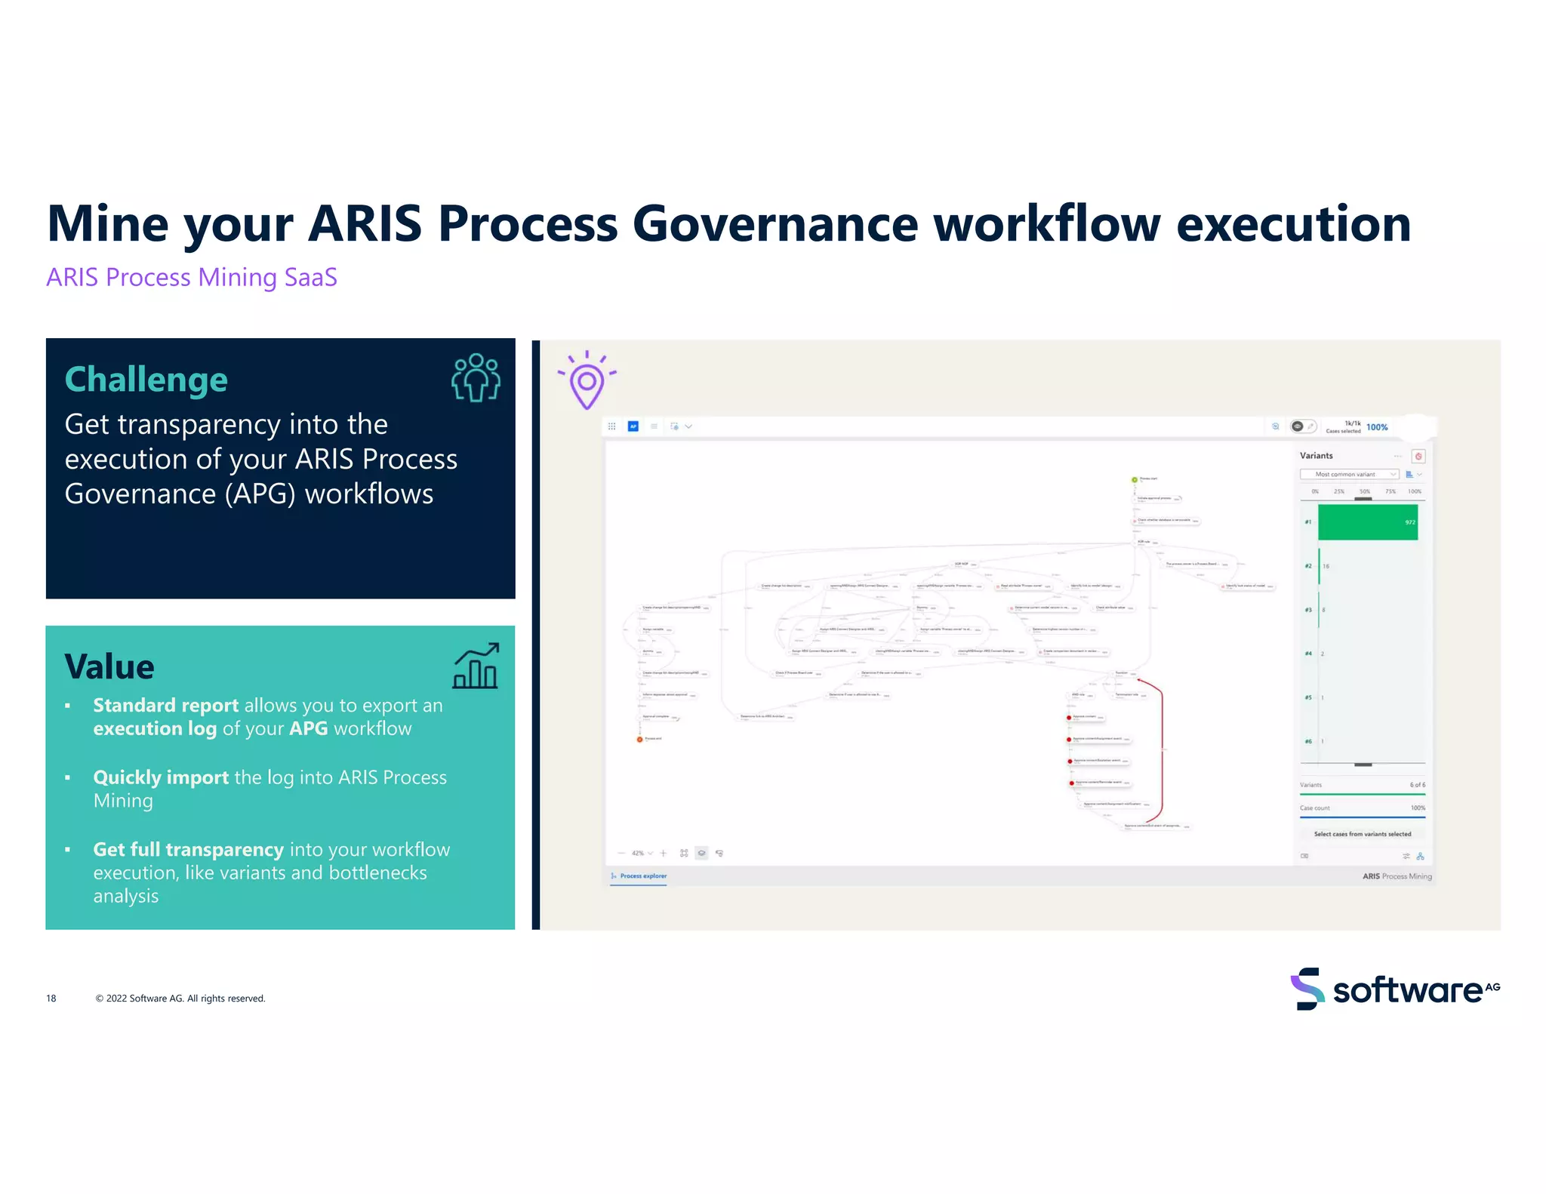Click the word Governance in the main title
pos(774,224)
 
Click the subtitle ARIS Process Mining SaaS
pos(192,277)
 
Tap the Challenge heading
pos(146,380)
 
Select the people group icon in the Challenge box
pos(476,377)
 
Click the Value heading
pos(109,666)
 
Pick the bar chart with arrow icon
pos(476,666)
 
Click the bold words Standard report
pos(165,705)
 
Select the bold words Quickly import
pos(160,777)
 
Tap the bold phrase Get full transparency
pos(188,849)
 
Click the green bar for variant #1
pos(1367,522)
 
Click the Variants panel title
pos(1316,456)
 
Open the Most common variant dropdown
pos(1349,474)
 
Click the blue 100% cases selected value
pos(1377,427)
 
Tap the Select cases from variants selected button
pos(1362,834)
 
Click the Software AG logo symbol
pos(1307,989)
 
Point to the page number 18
pos(51,999)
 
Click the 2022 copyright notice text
pos(180,999)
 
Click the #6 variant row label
pos(1308,741)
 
